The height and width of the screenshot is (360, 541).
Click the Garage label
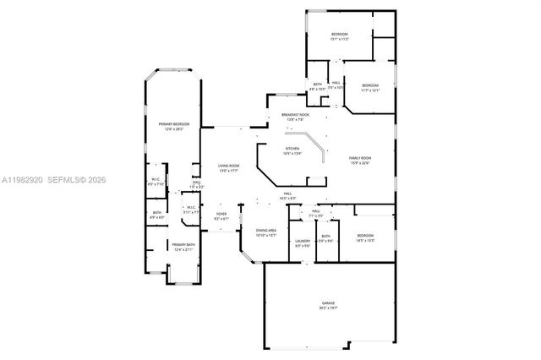click(x=327, y=303)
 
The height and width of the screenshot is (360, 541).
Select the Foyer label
click(x=221, y=215)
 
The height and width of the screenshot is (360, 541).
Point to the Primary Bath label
click(x=183, y=246)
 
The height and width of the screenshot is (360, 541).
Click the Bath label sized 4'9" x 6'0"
click(x=156, y=215)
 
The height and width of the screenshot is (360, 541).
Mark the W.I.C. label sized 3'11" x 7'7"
click(x=190, y=209)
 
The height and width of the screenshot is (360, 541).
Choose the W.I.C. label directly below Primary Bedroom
click(x=156, y=180)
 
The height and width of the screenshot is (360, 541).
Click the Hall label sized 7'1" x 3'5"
click(x=316, y=213)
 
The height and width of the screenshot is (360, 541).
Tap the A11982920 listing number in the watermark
click(x=20, y=180)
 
